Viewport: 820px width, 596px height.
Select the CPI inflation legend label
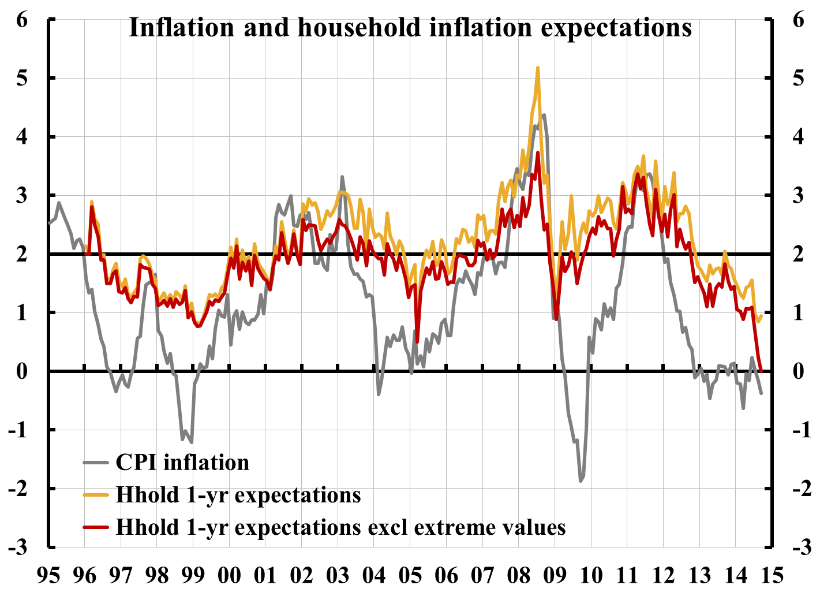click(182, 463)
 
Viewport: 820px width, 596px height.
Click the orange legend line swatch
click(96, 495)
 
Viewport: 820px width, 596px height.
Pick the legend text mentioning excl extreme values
click(340, 527)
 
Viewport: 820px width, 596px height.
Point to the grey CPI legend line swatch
click(96, 463)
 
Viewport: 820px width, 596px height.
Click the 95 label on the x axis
click(48, 576)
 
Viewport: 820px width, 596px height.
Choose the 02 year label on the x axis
click(302, 576)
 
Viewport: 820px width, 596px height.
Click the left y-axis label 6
click(22, 20)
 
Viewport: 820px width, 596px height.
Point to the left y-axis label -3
click(17, 547)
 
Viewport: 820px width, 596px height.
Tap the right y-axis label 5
click(799, 79)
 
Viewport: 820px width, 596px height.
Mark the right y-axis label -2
click(801, 489)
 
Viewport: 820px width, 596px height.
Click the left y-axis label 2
click(22, 254)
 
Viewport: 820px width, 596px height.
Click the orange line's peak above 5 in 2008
click(538, 68)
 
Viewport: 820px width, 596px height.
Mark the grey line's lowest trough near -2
click(581, 480)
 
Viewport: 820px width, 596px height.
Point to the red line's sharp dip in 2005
click(417, 342)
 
